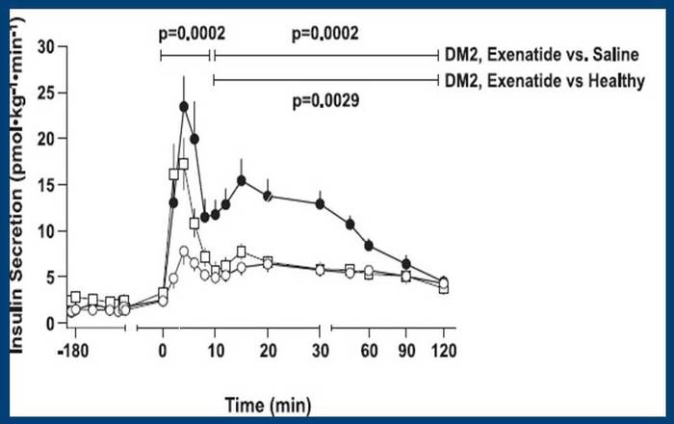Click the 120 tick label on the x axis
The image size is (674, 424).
(x=444, y=347)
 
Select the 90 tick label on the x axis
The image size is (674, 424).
(x=406, y=347)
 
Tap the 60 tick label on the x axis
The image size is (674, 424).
(x=368, y=347)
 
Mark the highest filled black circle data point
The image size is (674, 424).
(x=183, y=107)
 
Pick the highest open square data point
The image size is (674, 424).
(x=183, y=164)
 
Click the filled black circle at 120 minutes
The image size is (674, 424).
(x=443, y=282)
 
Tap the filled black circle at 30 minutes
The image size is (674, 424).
(x=320, y=203)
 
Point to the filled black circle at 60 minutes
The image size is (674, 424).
(x=368, y=245)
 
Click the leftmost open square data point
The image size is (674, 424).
(x=75, y=297)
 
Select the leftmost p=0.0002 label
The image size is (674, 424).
(x=192, y=33)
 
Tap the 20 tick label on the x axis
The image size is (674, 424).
(x=267, y=347)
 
